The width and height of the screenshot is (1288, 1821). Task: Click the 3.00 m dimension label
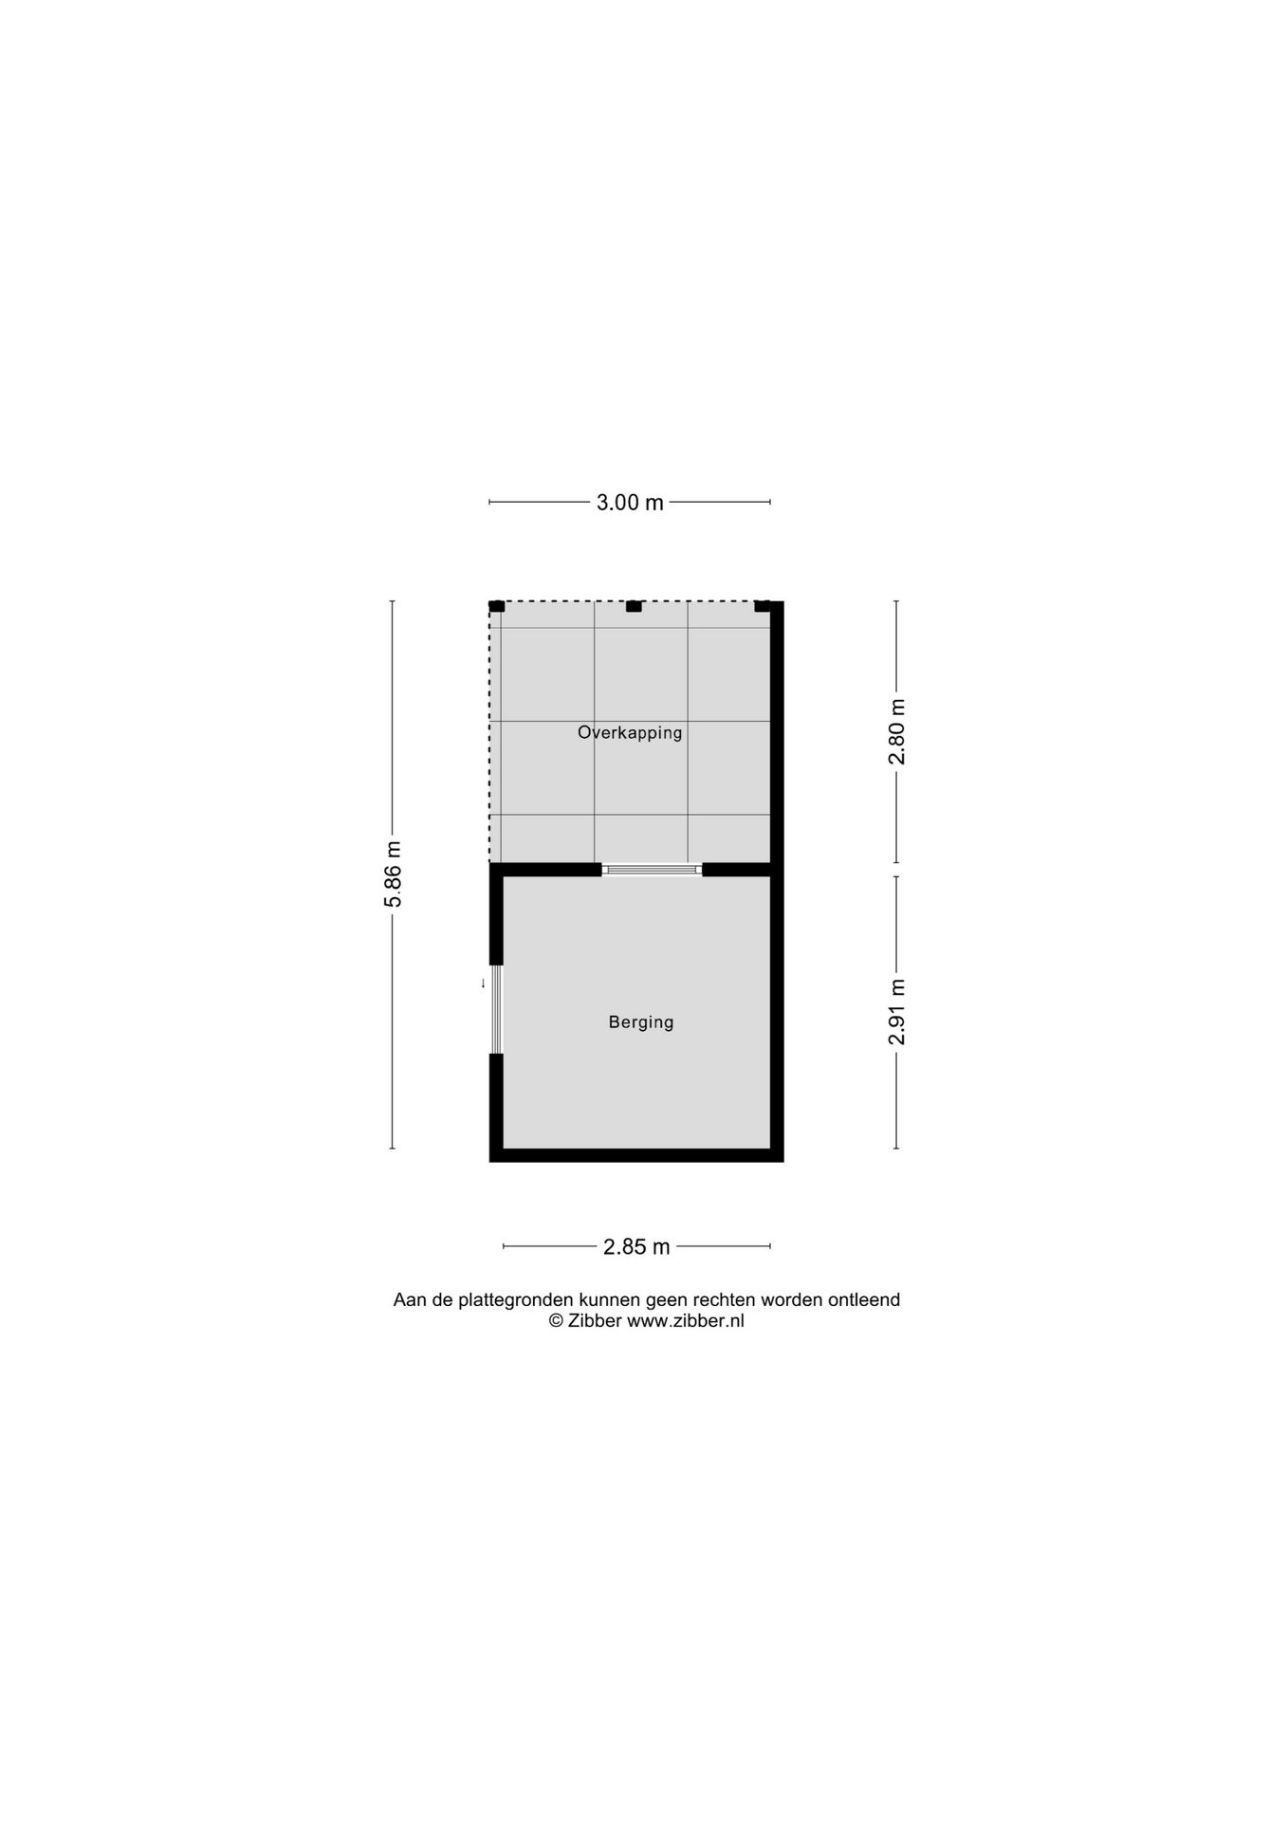point(630,503)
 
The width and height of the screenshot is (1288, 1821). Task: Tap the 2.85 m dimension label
point(636,1246)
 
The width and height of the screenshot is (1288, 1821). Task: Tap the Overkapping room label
point(630,732)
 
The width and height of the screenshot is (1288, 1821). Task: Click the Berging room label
point(641,1021)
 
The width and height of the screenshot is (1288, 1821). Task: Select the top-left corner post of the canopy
point(496,606)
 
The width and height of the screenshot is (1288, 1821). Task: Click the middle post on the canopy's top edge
point(634,606)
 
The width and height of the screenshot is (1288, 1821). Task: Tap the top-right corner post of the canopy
point(763,606)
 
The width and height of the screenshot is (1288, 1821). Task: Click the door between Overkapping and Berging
point(652,869)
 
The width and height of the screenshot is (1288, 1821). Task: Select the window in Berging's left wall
point(495,1009)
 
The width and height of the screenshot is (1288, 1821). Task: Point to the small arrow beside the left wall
point(483,984)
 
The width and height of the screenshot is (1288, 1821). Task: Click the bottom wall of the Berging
point(635,1155)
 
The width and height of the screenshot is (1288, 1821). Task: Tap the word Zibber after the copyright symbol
point(595,1321)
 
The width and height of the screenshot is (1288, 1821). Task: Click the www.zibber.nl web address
point(685,1321)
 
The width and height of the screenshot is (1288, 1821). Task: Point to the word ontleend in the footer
point(864,1300)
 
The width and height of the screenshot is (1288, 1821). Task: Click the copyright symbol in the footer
point(556,1321)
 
